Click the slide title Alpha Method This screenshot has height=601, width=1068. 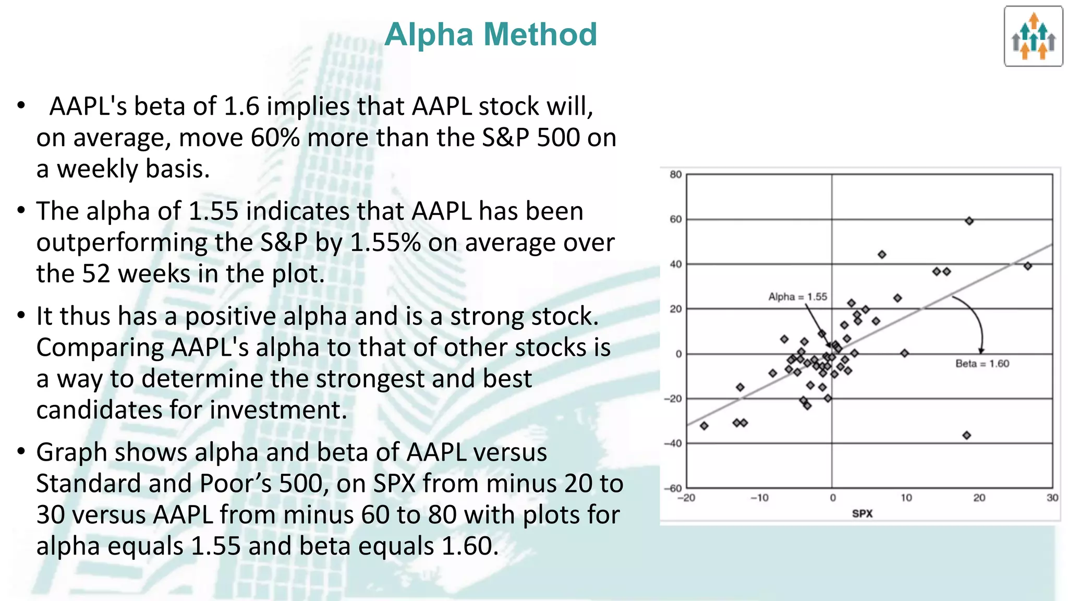coord(490,34)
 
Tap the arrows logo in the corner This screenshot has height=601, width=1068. coord(1033,37)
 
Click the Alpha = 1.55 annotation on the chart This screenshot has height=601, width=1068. coord(797,297)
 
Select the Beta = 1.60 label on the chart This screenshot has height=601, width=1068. coord(982,364)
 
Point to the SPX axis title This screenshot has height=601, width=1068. coord(862,513)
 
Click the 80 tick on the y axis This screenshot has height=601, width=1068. coord(675,175)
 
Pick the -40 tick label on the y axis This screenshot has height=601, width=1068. coord(673,443)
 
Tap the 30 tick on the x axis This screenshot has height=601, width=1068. coord(1052,498)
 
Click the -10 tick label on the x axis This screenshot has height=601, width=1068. coord(759,498)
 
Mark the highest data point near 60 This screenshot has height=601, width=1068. coord(969,221)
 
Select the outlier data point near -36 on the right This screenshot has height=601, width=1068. coord(966,435)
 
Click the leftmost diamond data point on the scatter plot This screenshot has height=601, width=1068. coord(704,426)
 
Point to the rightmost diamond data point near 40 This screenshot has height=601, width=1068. coord(1027,266)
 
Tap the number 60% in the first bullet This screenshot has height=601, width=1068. coord(275,138)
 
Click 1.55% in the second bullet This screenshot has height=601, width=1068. coord(385,243)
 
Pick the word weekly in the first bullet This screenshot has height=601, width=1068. coord(97,169)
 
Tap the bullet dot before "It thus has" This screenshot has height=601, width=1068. coord(21,315)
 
